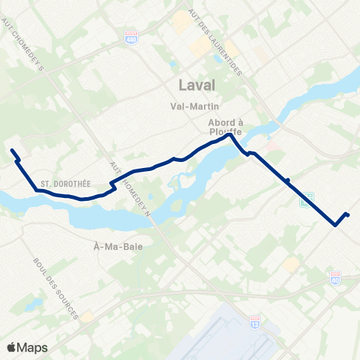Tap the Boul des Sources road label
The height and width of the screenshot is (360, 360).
[56, 289]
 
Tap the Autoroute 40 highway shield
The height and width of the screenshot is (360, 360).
[335, 277]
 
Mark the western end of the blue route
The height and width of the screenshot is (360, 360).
[12, 151]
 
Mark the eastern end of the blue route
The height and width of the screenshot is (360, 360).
[348, 216]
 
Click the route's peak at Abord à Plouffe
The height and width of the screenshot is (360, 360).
[229, 135]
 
